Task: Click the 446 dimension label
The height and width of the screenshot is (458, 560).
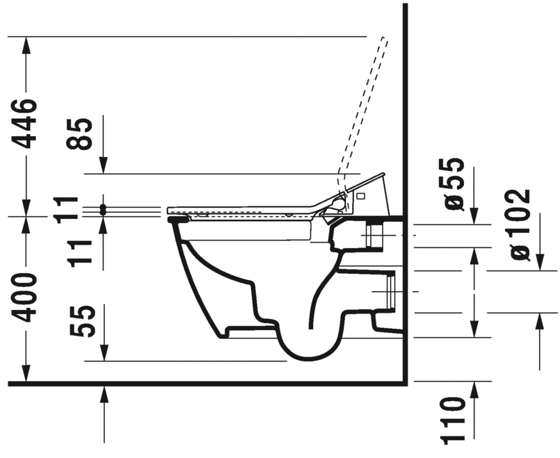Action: (x=24, y=124)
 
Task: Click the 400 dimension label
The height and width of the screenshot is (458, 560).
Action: (x=24, y=297)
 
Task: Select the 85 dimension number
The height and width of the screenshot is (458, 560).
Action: (x=79, y=133)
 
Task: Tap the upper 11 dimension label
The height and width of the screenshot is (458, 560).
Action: (x=67, y=210)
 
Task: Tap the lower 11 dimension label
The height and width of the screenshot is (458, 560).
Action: (x=80, y=254)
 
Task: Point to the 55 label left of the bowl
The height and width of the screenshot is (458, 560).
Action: (x=83, y=321)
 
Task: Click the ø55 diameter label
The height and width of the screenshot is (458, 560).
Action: (x=452, y=184)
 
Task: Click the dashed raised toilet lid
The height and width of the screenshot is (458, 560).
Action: (x=362, y=113)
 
